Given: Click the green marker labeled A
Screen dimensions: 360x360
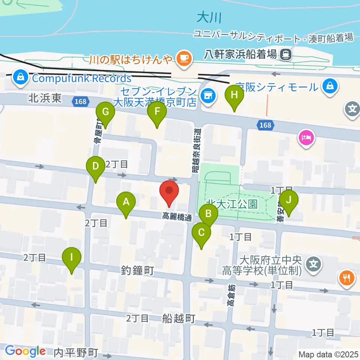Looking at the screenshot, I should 126,202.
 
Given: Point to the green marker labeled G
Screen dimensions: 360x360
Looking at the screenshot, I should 105,112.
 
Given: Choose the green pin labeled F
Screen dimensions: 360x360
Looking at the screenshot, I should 157,112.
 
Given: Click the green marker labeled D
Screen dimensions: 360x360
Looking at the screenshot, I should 96,166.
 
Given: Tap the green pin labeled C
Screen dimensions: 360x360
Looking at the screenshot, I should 201,233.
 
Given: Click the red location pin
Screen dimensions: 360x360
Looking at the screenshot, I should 169,191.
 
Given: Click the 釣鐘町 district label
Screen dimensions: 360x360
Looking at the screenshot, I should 138,270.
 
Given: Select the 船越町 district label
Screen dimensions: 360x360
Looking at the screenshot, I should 179,319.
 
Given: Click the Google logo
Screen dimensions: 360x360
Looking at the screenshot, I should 25,351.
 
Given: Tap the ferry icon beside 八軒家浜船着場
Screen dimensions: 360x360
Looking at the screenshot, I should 286,55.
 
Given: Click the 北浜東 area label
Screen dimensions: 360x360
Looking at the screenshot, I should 45,99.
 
